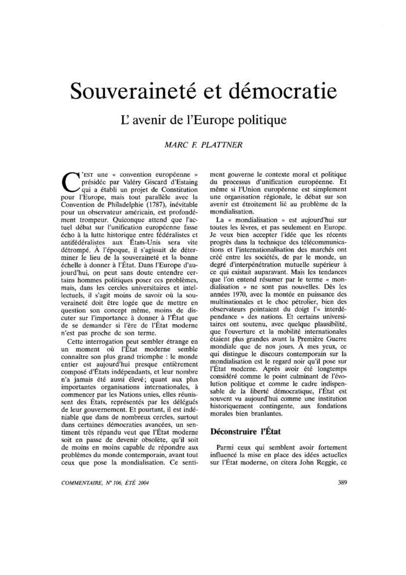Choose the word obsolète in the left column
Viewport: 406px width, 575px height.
(149, 452)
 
